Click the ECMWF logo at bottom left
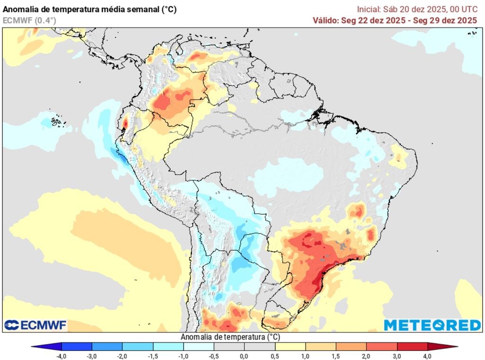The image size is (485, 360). click(x=36, y=325)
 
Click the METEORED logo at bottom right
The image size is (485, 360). click(x=432, y=325)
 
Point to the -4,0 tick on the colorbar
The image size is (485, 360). click(x=61, y=356)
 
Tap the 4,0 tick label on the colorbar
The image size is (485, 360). click(x=427, y=356)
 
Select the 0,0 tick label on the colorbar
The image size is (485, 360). click(x=244, y=356)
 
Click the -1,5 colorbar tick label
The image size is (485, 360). click(x=153, y=356)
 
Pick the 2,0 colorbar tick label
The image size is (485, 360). click(x=366, y=356)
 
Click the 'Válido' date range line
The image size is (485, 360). click(x=395, y=20)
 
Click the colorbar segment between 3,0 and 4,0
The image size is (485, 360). click(x=412, y=346)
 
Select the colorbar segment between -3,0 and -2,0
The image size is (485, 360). click(x=107, y=346)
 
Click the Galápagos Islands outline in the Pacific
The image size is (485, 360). click(x=56, y=122)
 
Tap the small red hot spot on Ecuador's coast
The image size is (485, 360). click(x=126, y=123)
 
